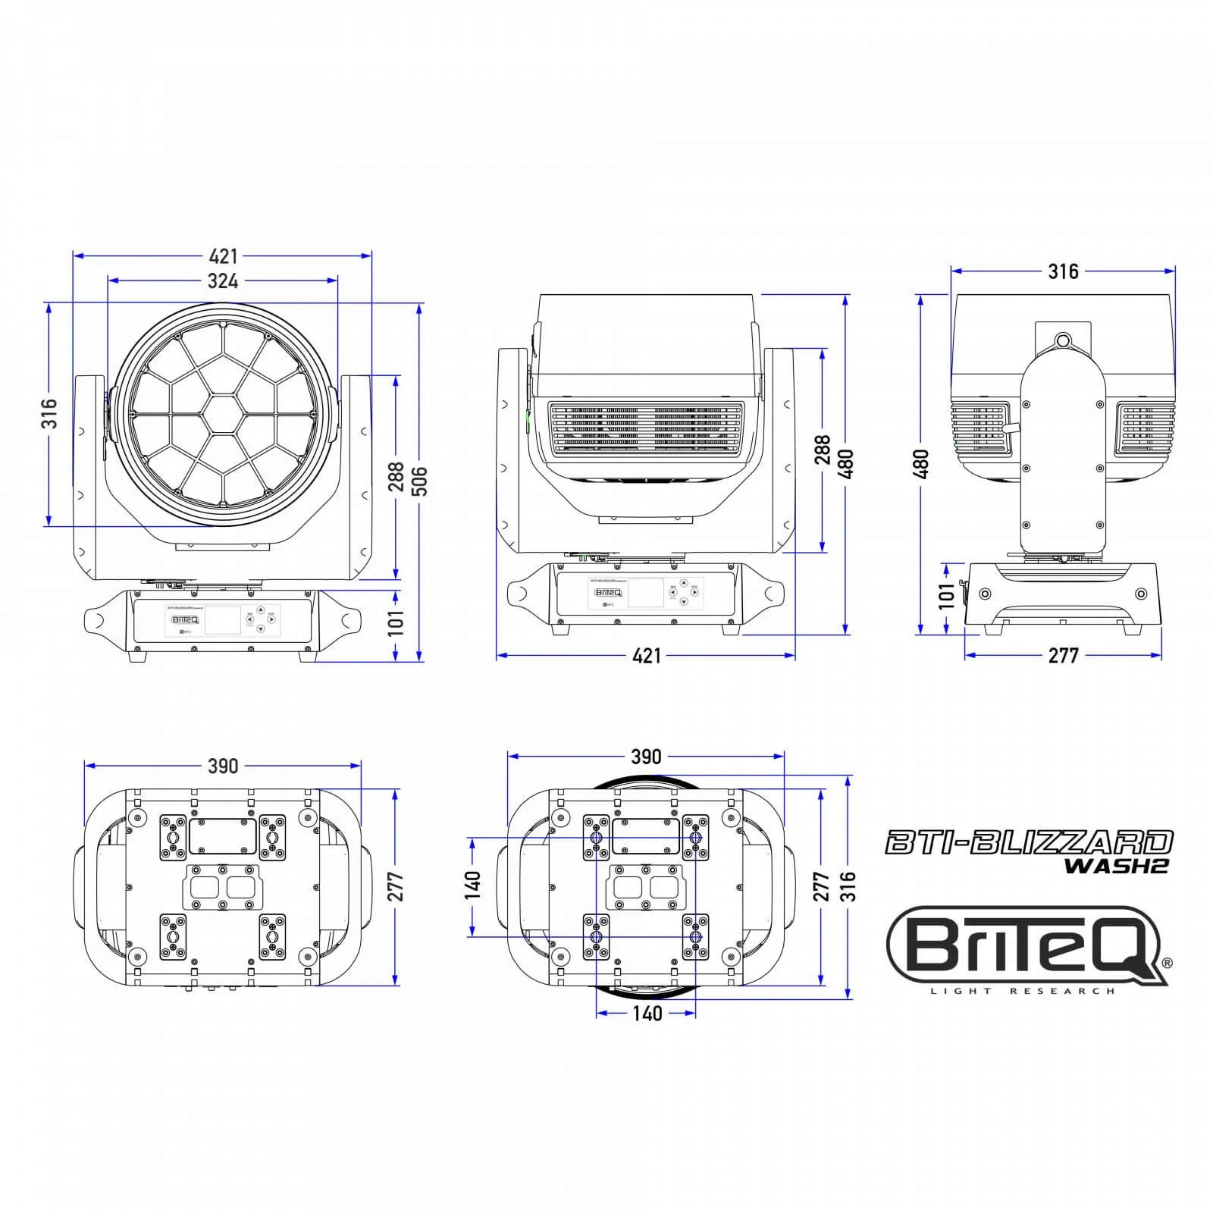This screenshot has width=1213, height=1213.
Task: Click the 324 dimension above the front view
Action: [x=223, y=281]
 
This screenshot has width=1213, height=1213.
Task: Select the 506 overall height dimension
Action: [x=419, y=481]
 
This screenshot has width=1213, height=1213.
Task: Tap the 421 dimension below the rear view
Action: [x=646, y=656]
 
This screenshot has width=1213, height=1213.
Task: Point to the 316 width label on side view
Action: [x=1062, y=271]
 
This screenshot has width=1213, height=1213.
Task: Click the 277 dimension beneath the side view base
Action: [x=1062, y=656]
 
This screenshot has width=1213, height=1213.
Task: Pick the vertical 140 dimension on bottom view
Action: [x=472, y=885]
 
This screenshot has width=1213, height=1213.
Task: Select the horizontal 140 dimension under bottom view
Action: [x=647, y=1014]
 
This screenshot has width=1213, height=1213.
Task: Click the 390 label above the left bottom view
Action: [x=223, y=766]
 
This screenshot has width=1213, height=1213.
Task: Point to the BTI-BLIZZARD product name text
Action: [x=1029, y=842]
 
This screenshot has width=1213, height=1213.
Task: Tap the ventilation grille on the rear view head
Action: [x=646, y=430]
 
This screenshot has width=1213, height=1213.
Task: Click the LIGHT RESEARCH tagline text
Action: [x=1023, y=992]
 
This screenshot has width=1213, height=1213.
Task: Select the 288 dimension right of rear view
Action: [x=823, y=451]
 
